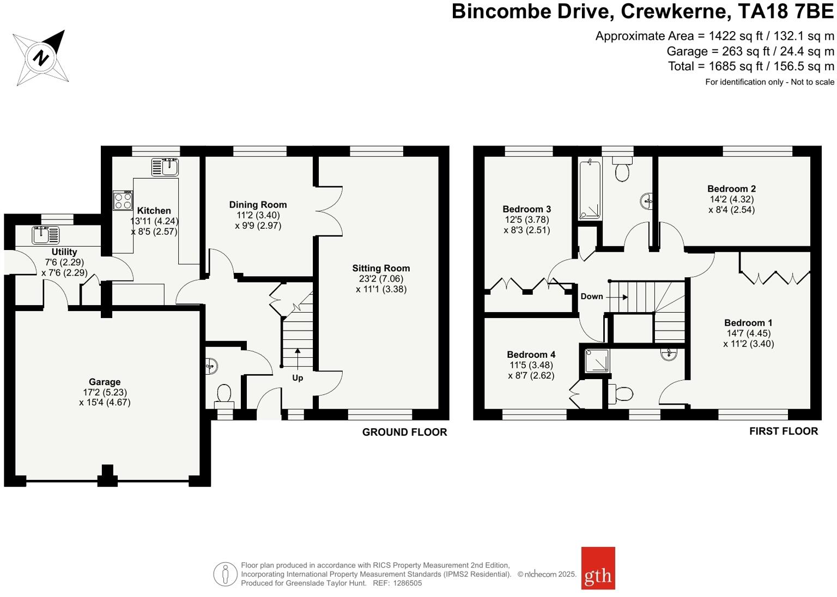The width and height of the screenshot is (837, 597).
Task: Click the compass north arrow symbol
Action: click(x=41, y=57)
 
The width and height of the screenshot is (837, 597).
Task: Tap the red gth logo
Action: click(x=598, y=568)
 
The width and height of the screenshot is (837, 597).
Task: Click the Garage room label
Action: click(x=105, y=382)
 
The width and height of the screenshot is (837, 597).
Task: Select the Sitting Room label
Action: click(x=381, y=268)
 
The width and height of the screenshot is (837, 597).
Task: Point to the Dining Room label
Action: click(x=258, y=205)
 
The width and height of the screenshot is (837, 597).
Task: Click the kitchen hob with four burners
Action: click(x=123, y=200)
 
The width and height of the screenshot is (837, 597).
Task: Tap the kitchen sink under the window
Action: click(x=165, y=167)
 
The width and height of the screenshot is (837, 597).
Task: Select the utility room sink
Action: click(x=46, y=235)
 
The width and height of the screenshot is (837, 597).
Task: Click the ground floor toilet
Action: click(x=224, y=394)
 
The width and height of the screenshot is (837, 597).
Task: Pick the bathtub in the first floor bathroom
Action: click(x=590, y=190)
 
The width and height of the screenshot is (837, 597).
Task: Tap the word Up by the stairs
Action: click(x=298, y=377)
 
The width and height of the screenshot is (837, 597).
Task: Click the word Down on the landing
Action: click(x=592, y=296)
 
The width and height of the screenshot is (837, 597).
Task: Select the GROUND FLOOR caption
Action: click(x=404, y=432)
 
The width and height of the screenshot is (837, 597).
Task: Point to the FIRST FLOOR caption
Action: click(x=783, y=431)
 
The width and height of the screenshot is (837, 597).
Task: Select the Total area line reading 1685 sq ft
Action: click(x=751, y=66)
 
